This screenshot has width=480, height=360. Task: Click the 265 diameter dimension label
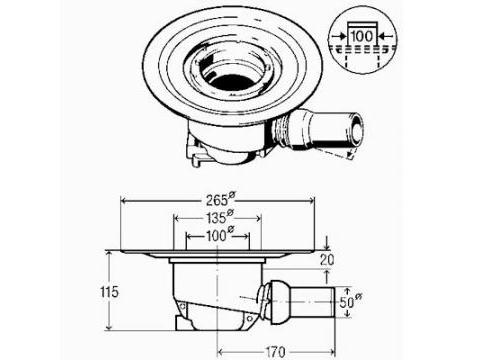point(220,200)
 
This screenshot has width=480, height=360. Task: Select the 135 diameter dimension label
point(220,217)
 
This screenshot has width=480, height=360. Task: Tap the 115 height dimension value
point(109,292)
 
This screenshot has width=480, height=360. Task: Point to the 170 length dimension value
point(275,352)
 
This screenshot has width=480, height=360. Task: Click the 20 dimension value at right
point(327,260)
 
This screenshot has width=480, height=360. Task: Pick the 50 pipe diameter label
point(350,302)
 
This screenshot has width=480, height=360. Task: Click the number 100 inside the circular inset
point(362,36)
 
